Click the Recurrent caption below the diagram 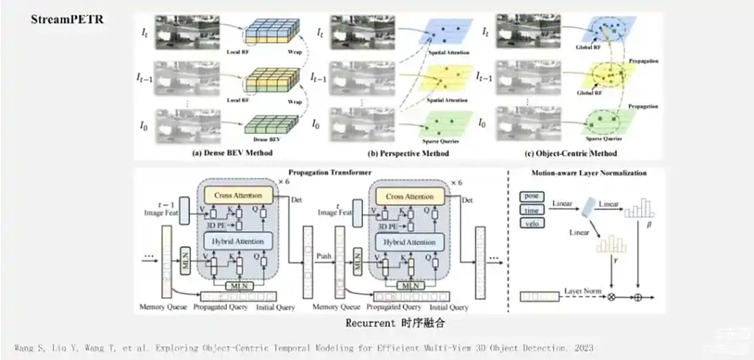[x=394, y=325]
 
